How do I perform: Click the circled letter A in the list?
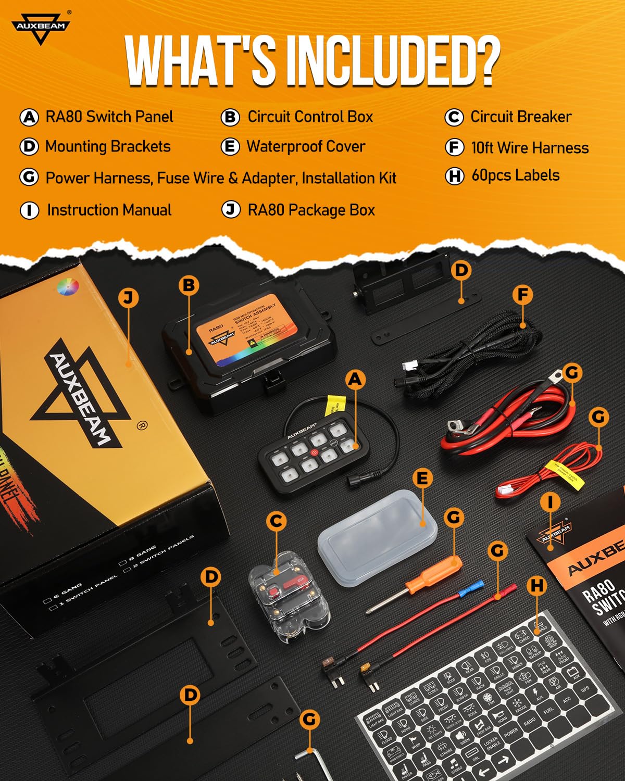[x=29, y=117]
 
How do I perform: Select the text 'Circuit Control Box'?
[x=310, y=117]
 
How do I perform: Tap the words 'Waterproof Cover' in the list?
[x=306, y=146]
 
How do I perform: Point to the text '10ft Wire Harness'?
[x=530, y=148]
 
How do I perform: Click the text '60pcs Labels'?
[x=515, y=175]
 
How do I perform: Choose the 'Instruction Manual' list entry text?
[x=109, y=210]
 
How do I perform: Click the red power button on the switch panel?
[x=314, y=453]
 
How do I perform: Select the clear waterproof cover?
[x=377, y=536]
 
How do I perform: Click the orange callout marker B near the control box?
[x=189, y=285]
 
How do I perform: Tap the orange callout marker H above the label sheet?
[x=537, y=586]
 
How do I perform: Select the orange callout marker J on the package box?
[x=128, y=298]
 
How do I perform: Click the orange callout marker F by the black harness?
[x=522, y=295]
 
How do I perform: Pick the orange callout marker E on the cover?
[x=422, y=478]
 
